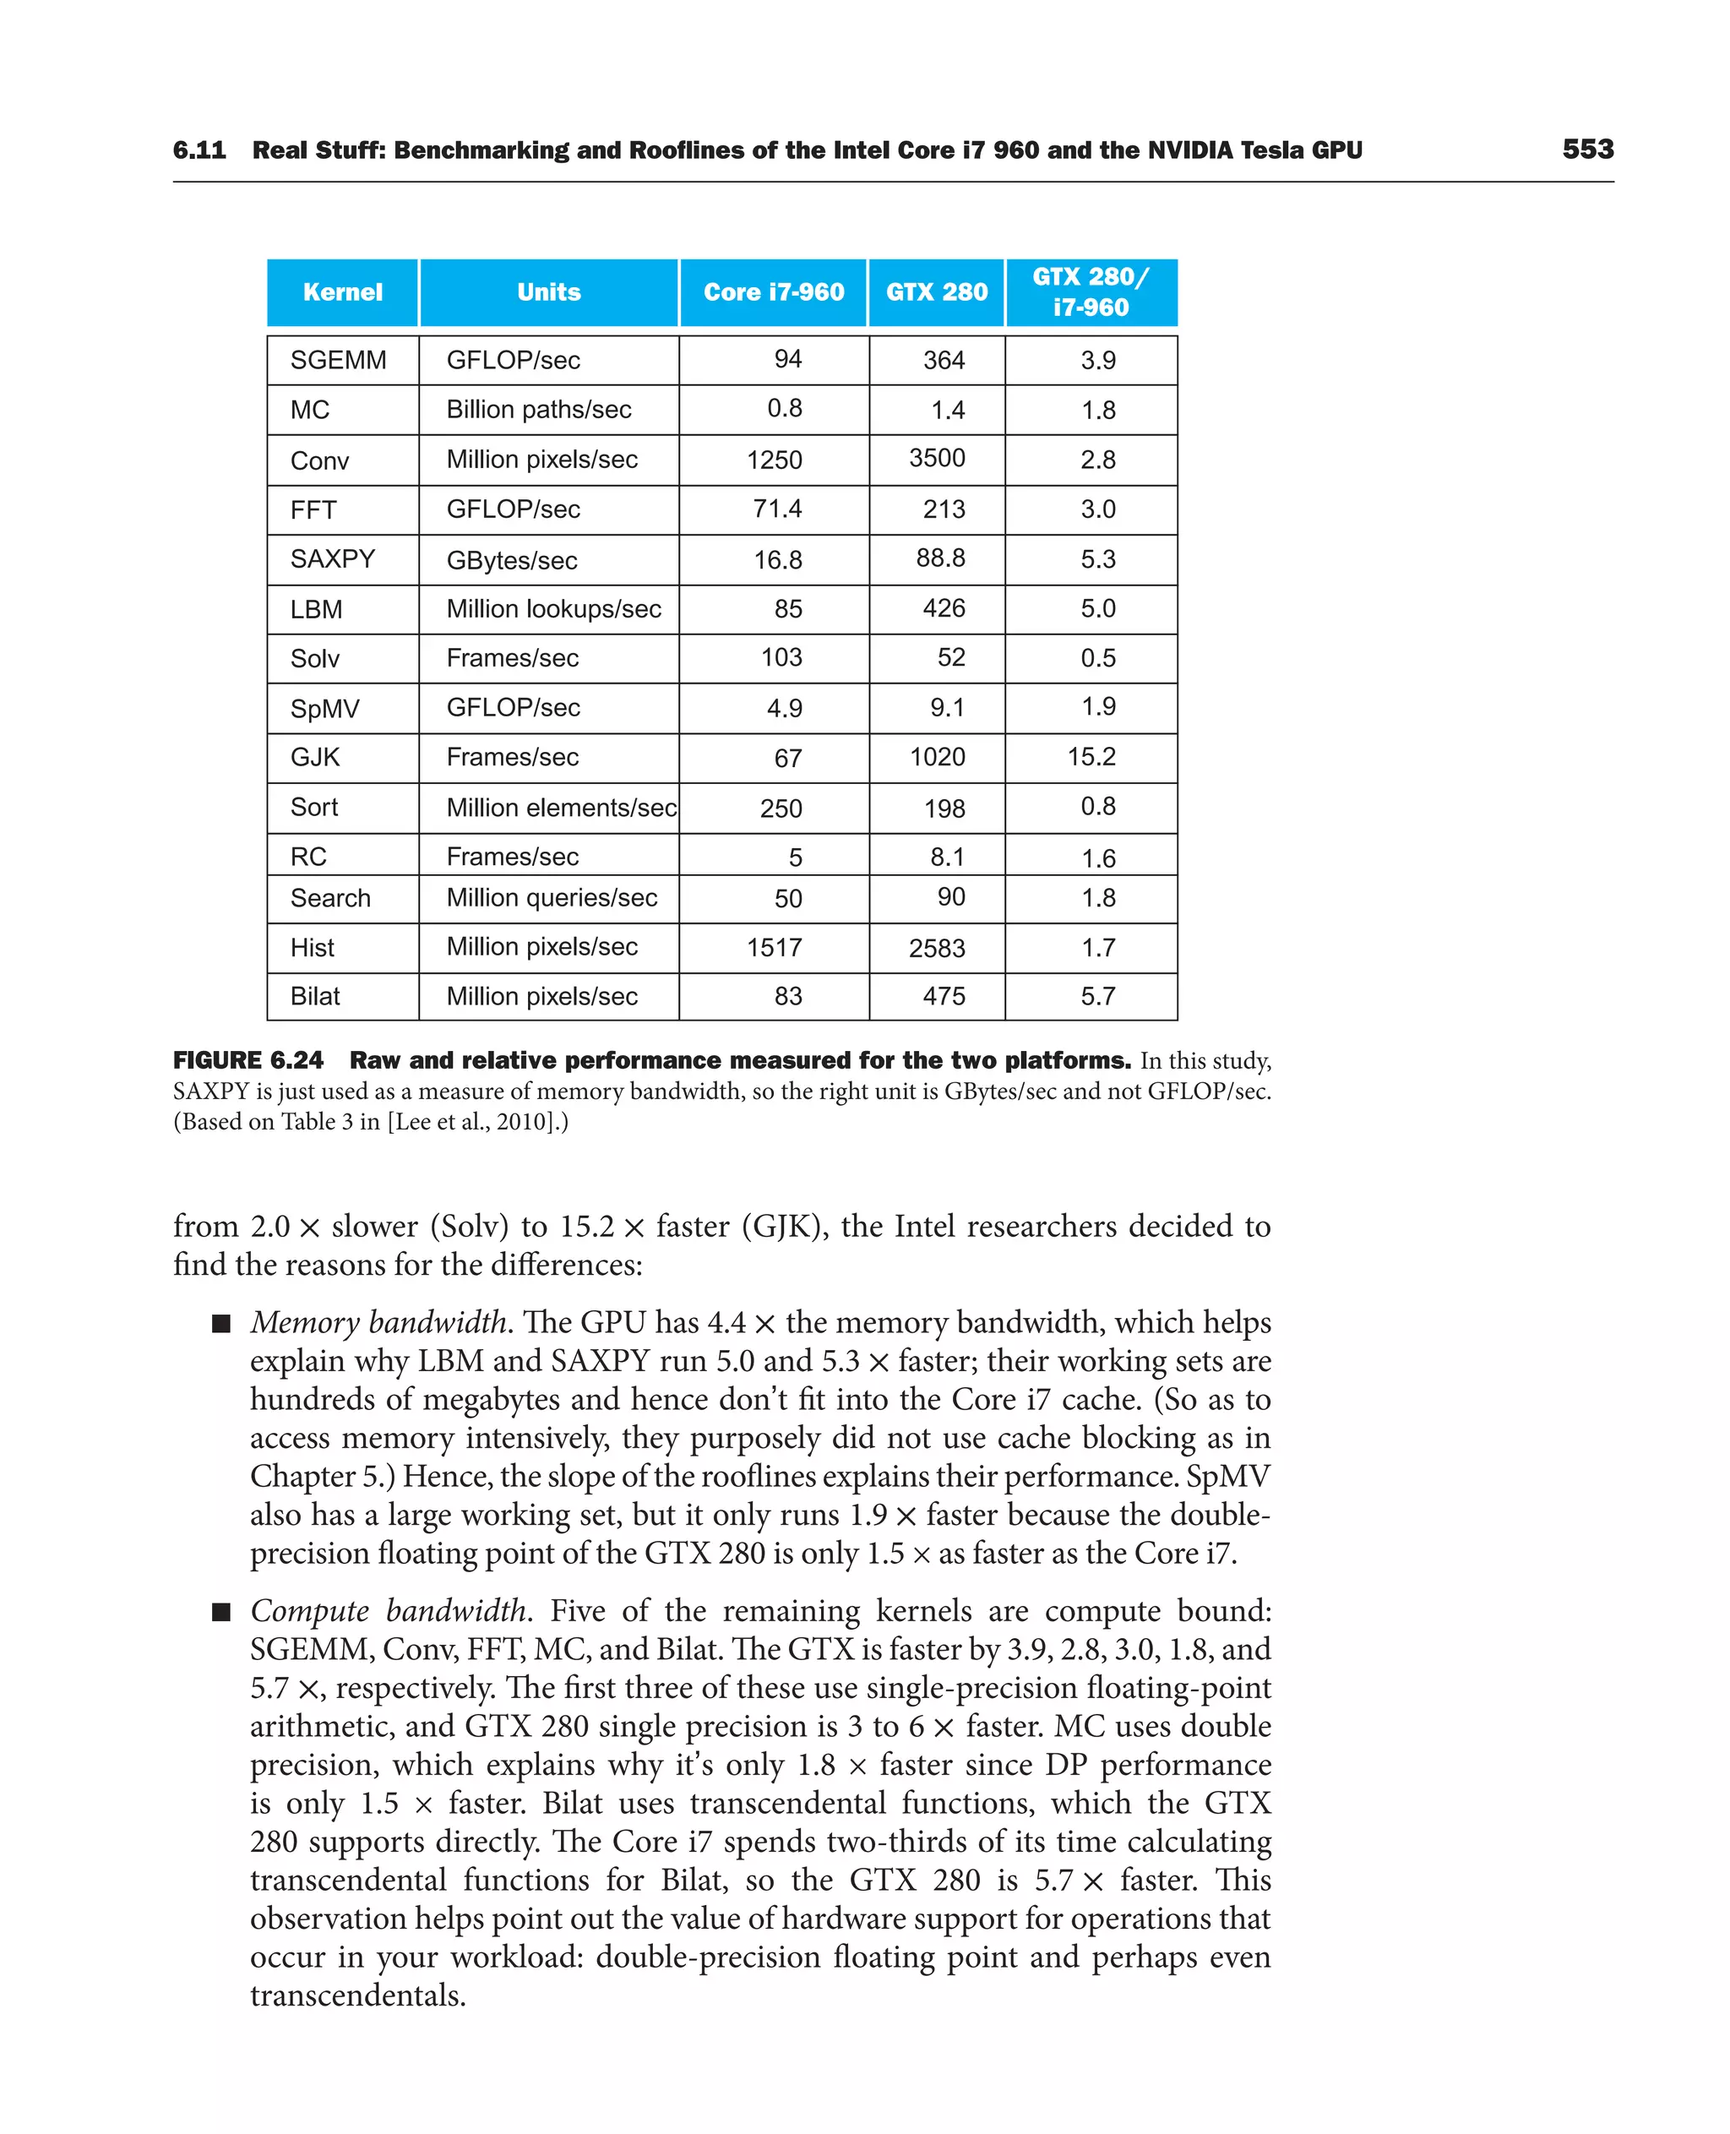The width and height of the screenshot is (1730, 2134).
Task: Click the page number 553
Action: [x=1587, y=150]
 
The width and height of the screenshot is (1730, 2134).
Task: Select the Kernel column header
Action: [x=343, y=292]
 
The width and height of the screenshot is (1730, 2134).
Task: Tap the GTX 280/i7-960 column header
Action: [x=1091, y=292]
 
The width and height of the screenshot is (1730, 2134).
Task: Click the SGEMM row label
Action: [x=338, y=360]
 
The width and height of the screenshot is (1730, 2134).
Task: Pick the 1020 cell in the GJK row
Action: [x=937, y=758]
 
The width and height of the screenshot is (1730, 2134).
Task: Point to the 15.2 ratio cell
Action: [x=1091, y=758]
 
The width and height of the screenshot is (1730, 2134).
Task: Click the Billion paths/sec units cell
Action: [x=538, y=410]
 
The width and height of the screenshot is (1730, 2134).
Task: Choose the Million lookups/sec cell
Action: [x=553, y=609]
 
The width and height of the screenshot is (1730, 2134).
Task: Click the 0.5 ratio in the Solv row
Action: [x=1097, y=658]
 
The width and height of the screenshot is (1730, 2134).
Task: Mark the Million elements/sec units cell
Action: [x=561, y=808]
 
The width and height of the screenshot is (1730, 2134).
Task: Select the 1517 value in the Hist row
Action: [x=775, y=948]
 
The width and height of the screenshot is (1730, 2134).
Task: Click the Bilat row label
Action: [x=315, y=997]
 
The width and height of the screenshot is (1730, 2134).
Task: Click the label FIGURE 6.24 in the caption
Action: [x=248, y=1060]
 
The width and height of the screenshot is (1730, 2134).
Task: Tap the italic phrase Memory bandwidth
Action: [x=379, y=1323]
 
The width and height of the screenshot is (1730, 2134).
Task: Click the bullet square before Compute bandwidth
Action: [x=221, y=1612]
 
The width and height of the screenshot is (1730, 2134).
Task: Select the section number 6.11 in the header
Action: [x=199, y=150]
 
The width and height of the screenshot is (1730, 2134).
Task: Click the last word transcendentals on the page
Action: [x=358, y=1995]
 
